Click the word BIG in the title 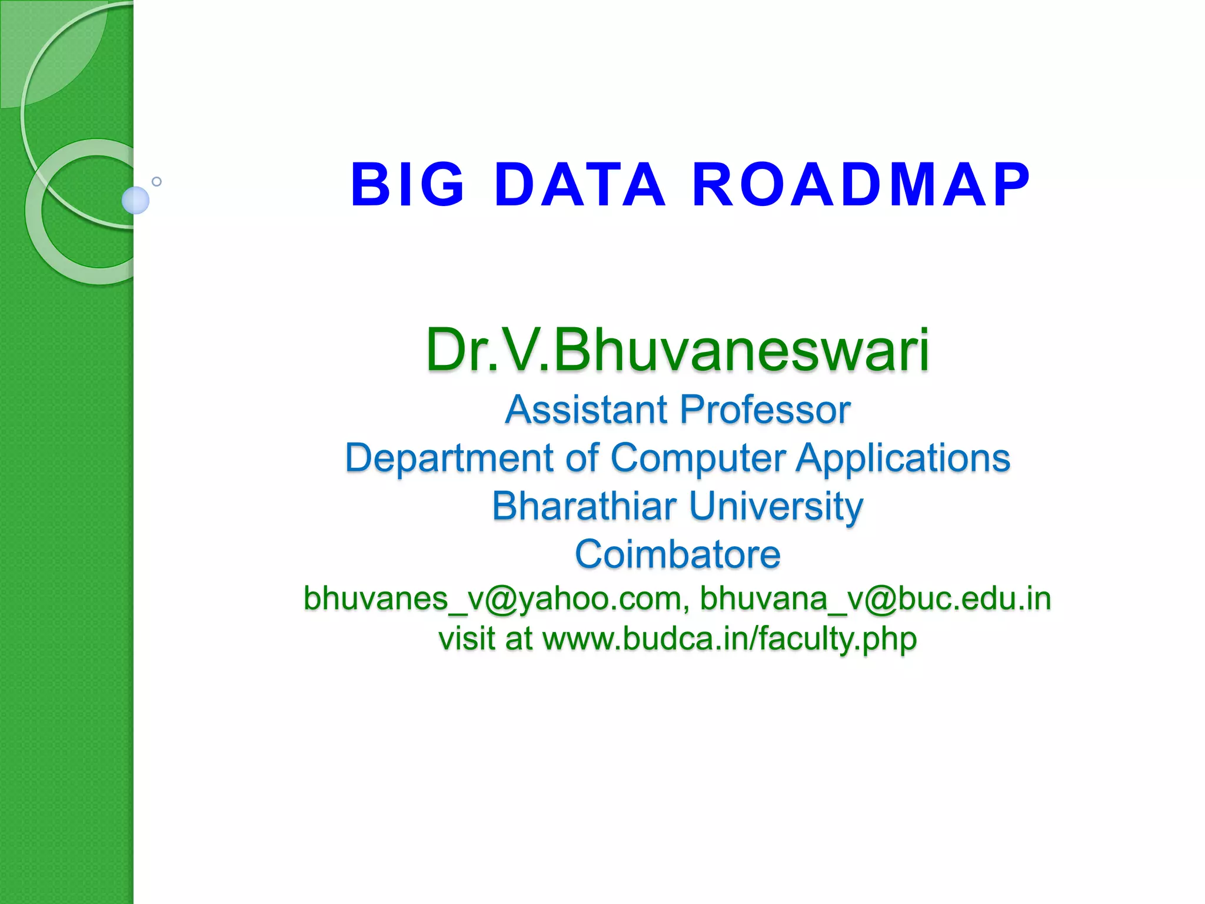[408, 185]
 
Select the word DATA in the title [580, 185]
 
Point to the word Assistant [586, 410]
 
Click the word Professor [765, 410]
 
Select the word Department [450, 458]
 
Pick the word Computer [698, 458]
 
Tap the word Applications [903, 458]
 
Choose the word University [775, 506]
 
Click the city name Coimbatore [677, 554]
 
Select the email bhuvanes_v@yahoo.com [492, 599]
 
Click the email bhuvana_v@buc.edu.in [875, 599]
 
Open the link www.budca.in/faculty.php [729, 639]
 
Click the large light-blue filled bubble [135, 200]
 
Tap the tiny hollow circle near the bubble [157, 181]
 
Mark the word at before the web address [518, 639]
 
